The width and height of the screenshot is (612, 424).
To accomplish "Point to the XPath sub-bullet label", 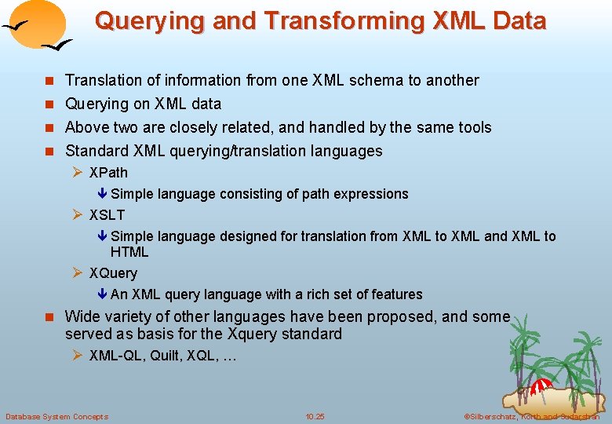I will [x=108, y=172].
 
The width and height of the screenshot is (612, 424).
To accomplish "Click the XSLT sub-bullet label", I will [x=107, y=214].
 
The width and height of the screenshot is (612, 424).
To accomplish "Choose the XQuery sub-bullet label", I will [x=113, y=273].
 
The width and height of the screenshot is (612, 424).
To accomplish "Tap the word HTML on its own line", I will [x=129, y=252].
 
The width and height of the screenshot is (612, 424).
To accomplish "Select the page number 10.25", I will [x=315, y=416].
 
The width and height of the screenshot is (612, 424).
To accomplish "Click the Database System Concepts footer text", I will [x=56, y=416].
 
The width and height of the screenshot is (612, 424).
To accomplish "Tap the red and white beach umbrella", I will [x=542, y=386].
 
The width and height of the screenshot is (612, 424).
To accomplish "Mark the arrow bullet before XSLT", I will [x=78, y=215].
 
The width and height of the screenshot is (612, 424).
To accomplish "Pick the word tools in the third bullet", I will [x=473, y=127].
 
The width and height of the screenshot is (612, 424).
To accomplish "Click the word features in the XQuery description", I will [x=395, y=294].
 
